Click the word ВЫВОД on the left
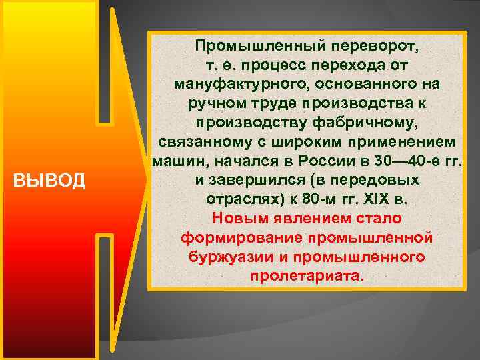tap(49, 181)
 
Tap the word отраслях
tap(239, 199)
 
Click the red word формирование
tap(233, 237)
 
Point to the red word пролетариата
tap(307, 276)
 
